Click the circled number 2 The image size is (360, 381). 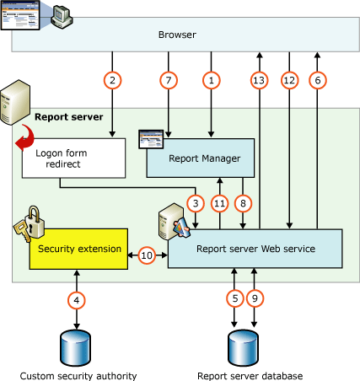pyautogui.click(x=112, y=81)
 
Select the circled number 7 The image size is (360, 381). pyautogui.click(x=169, y=81)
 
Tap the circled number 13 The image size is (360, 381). pyautogui.click(x=260, y=81)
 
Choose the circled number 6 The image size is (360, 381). pyautogui.click(x=317, y=81)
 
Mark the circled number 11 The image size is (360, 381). pyautogui.click(x=221, y=202)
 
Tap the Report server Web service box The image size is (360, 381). pyautogui.click(x=255, y=250)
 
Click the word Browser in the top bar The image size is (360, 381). pyautogui.click(x=177, y=35)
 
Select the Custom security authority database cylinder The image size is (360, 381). pyautogui.click(x=78, y=345)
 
